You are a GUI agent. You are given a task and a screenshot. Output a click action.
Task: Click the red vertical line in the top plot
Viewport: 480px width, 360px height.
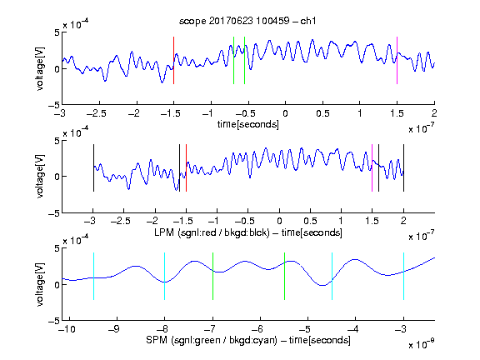point(173,60)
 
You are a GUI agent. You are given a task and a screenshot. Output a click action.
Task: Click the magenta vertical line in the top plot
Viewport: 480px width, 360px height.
point(397,60)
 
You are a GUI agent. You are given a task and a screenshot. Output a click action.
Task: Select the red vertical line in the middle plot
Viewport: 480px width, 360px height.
point(186,168)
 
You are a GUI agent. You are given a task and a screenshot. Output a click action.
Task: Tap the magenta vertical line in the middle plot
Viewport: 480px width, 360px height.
point(372,168)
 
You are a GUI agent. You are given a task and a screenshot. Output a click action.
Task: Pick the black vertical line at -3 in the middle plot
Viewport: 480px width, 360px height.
point(93,168)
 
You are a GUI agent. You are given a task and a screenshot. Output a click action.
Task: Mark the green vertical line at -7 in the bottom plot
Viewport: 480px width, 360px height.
point(212,276)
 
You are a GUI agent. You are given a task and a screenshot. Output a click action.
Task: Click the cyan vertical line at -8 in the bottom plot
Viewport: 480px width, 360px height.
point(165,276)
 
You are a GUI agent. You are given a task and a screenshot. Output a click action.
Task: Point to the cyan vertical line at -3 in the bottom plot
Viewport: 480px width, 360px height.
point(404,276)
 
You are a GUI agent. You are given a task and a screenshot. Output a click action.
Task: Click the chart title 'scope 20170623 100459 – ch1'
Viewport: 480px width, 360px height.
point(247,21)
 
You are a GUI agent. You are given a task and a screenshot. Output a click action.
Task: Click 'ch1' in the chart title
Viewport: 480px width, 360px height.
point(308,21)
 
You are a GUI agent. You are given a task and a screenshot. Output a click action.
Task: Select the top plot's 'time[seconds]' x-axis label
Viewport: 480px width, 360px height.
point(248,124)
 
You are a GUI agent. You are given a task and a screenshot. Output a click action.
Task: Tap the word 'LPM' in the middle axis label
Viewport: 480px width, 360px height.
point(164,232)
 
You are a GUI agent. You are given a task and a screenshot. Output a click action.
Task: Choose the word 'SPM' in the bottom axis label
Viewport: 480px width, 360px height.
point(157,340)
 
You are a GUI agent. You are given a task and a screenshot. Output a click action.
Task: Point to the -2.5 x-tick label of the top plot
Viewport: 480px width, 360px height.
point(97,113)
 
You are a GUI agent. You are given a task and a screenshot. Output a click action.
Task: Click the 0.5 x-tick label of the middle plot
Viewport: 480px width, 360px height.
point(310,221)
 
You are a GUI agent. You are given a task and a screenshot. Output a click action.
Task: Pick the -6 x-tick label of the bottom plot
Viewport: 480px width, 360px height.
point(257,329)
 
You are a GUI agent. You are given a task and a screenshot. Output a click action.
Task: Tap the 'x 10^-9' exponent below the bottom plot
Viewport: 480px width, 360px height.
point(421,344)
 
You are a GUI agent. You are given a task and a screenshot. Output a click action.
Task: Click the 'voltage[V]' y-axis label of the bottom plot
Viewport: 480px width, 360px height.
point(40,284)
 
